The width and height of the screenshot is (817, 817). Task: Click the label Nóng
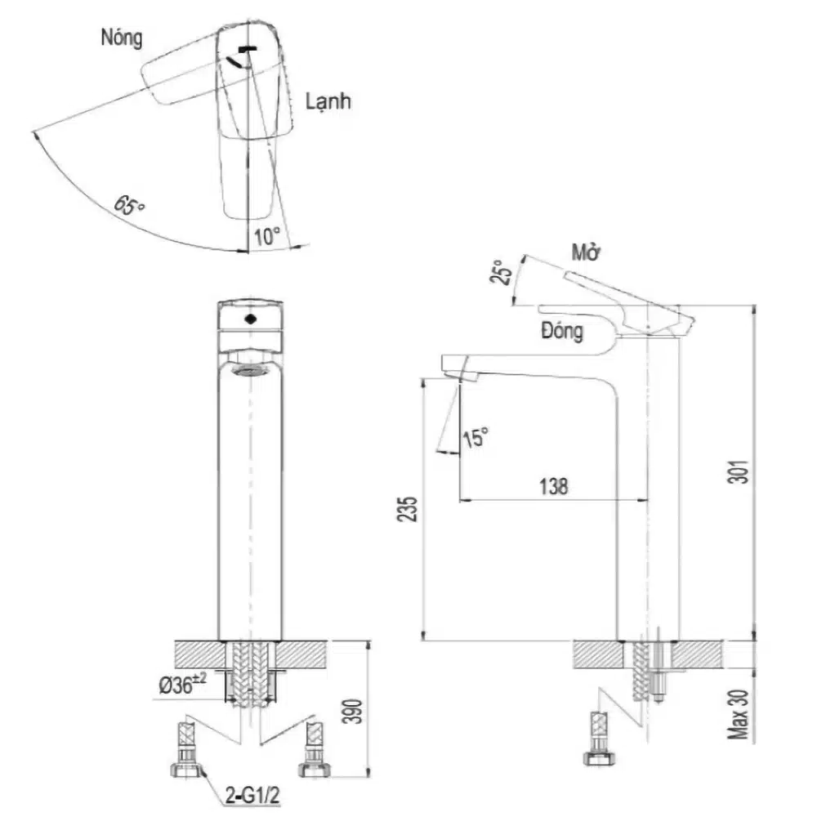coord(122,38)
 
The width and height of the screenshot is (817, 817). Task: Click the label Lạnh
coord(328,101)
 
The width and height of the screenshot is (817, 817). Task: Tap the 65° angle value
coord(129,205)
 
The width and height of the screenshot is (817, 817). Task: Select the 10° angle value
coord(267,237)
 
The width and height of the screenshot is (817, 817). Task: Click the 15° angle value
coord(475,437)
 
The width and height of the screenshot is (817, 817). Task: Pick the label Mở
coord(586,252)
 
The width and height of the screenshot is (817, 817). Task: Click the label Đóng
coord(562,331)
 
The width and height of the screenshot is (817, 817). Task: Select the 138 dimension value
coord(553,487)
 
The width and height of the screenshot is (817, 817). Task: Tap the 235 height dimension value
coord(408,509)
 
